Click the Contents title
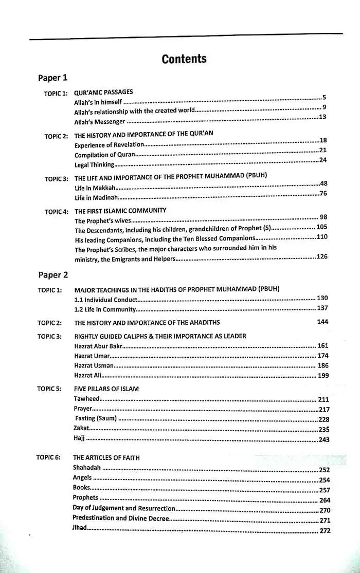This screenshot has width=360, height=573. (x=184, y=59)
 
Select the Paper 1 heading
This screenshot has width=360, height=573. (x=52, y=78)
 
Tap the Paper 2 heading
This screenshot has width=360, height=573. (x=52, y=275)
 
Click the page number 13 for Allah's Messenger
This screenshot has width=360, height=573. (x=322, y=117)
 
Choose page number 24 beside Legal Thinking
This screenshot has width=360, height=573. (x=323, y=160)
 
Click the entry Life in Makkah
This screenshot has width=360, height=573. (x=92, y=188)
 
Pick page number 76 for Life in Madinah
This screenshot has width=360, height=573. (x=323, y=193)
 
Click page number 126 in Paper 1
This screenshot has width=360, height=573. (x=321, y=256)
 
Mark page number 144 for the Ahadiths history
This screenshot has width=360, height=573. (x=322, y=322)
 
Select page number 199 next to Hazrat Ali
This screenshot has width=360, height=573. (x=322, y=376)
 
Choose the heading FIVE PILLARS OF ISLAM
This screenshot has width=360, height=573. (x=106, y=389)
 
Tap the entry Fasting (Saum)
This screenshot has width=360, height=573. (x=96, y=418)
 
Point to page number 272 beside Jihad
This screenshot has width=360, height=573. (x=325, y=531)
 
